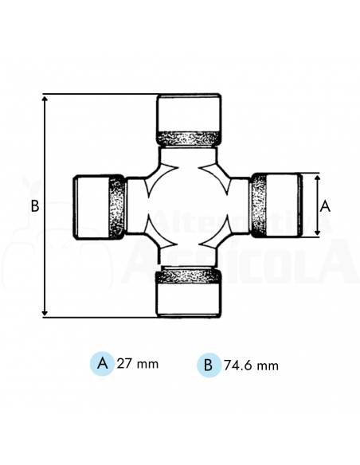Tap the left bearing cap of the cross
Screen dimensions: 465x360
[x=89, y=206]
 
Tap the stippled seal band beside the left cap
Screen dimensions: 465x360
[x=116, y=207]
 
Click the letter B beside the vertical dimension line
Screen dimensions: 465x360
[x=34, y=206]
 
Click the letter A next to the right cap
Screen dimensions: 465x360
[x=325, y=205]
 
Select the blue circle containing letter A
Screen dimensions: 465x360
[x=102, y=363]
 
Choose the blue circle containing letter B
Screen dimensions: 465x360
[x=208, y=365]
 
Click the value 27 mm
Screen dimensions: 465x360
[x=138, y=364]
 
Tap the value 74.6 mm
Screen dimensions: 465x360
[x=251, y=365]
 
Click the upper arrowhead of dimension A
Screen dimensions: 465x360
[x=318, y=178]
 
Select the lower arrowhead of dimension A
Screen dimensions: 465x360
[x=318, y=234]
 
